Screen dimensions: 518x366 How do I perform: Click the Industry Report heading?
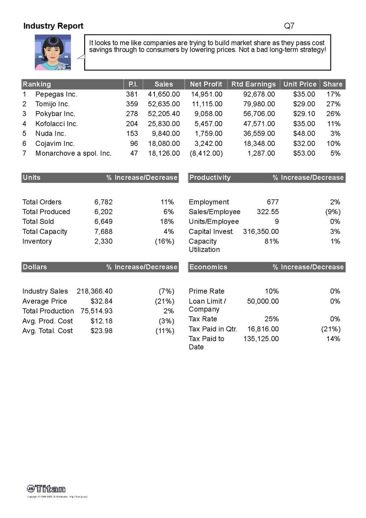[x=53, y=26]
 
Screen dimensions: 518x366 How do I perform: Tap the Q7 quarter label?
[x=289, y=26]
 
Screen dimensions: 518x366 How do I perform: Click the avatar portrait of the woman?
[x=53, y=52]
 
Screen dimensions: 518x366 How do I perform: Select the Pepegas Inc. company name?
[x=56, y=94]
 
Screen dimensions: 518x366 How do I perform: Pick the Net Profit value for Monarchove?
[x=206, y=153]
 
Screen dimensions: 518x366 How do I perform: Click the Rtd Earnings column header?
[x=253, y=84]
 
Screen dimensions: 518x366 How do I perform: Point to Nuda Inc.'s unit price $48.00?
[x=304, y=133]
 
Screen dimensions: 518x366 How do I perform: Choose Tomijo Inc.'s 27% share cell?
[x=333, y=104]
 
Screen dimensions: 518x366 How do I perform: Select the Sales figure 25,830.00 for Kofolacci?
[x=163, y=124]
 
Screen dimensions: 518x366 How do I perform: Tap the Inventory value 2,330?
[x=103, y=241]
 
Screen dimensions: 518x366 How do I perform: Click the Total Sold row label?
[x=38, y=222]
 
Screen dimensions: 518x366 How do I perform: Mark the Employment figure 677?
[x=272, y=202]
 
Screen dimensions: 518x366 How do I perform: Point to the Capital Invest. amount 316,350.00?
[x=261, y=231]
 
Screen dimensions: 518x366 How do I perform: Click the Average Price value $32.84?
[x=101, y=301]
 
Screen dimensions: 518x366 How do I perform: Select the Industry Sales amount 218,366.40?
[x=94, y=291]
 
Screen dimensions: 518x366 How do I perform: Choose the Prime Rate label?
[x=207, y=291]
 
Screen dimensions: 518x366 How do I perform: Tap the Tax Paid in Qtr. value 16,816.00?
[x=263, y=329]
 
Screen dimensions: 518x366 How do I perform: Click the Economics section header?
[x=208, y=267]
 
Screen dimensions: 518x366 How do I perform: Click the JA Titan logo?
[x=46, y=489]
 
